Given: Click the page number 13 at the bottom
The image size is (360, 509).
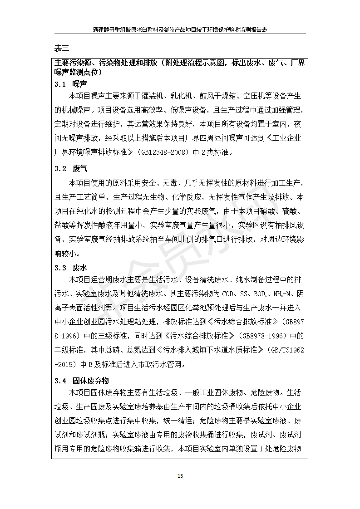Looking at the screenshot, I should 180,476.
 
